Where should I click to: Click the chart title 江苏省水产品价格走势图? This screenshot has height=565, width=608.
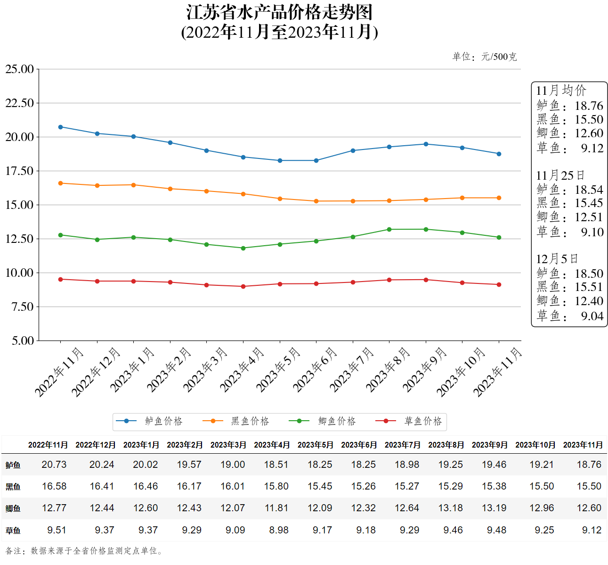(279, 13)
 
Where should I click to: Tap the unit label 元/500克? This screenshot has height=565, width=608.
(499, 57)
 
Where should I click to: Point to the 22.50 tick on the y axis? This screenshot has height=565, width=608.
(20, 103)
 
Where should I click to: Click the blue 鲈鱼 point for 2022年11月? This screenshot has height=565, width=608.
(60, 127)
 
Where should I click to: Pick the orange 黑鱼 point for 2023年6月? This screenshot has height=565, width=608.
(316, 201)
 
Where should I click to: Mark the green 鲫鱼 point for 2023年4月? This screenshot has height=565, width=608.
(243, 248)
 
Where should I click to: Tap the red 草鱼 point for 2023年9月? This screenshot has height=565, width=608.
(426, 280)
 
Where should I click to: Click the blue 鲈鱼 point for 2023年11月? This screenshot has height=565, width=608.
(499, 154)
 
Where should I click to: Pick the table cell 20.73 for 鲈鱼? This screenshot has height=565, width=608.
(54, 465)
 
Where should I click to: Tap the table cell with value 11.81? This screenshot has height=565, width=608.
(276, 508)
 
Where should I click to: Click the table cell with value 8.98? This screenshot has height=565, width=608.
(279, 530)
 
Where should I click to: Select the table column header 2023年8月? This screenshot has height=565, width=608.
(446, 445)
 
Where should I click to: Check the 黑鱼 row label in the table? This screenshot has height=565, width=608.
(13, 487)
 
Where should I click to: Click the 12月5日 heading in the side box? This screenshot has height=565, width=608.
(557, 259)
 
